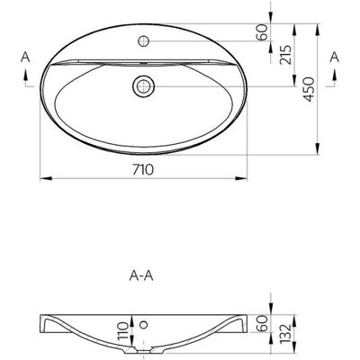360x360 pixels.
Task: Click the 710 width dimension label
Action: (143, 170)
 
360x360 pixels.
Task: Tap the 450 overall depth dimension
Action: (309, 89)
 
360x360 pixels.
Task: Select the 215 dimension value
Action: (285, 55)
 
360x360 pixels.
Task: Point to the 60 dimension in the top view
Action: (262, 32)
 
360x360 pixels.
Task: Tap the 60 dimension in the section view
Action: (262, 323)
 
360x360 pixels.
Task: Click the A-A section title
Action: (141, 276)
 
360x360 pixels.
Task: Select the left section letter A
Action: (25, 57)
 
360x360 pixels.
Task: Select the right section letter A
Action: (334, 57)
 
